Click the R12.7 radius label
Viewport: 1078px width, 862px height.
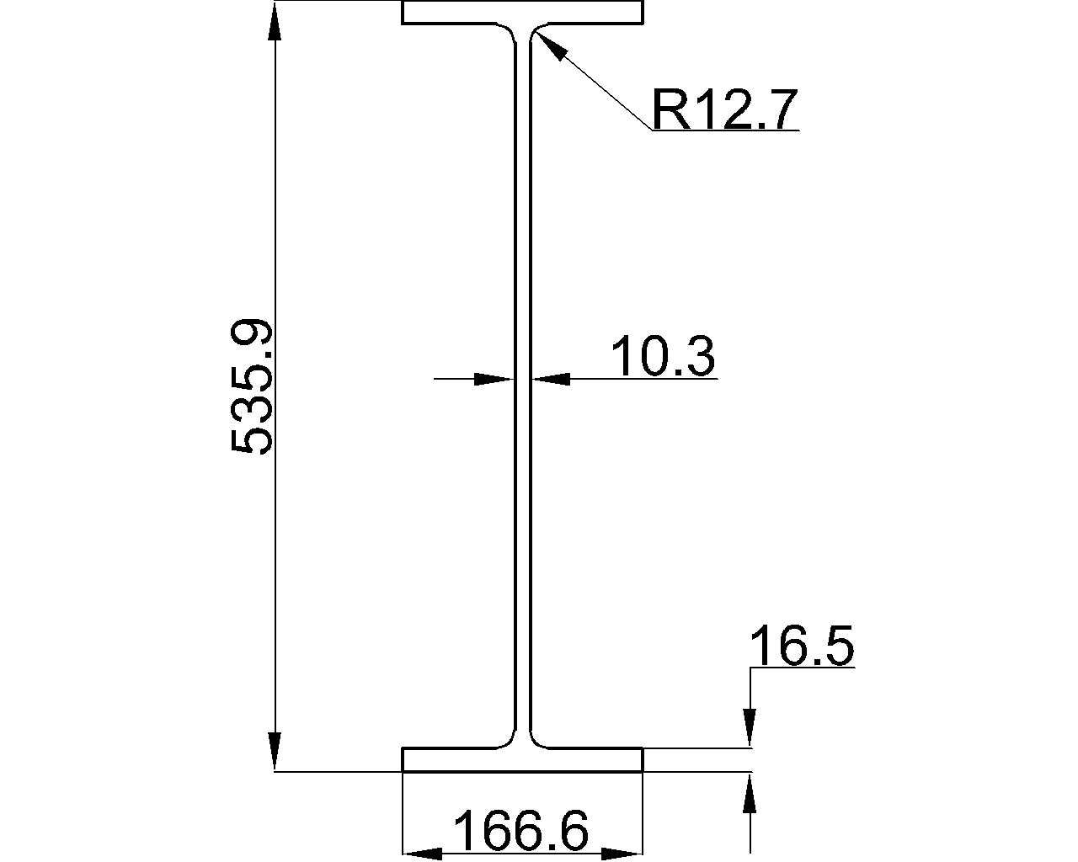[x=724, y=109]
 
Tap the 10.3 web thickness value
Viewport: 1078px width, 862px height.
[x=663, y=356]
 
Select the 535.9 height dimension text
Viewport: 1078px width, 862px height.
[x=252, y=386]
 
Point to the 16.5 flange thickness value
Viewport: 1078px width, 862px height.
[x=802, y=646]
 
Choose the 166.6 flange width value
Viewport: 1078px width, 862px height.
[x=521, y=831]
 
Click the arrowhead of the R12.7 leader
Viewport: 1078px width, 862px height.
[x=550, y=45]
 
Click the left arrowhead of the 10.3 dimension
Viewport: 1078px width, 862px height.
[x=494, y=379]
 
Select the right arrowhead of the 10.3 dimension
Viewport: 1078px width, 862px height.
[x=551, y=379]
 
